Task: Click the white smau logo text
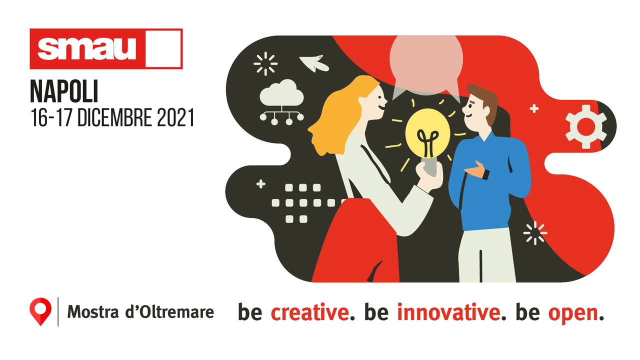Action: (x=86, y=48)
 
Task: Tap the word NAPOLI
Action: (x=64, y=91)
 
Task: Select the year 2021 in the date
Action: (x=175, y=117)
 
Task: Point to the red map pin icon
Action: (x=40, y=311)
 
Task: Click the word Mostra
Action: (x=93, y=311)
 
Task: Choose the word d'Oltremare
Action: (x=169, y=311)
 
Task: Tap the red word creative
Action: (x=310, y=312)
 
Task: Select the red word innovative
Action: (x=448, y=312)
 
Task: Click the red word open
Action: (x=573, y=314)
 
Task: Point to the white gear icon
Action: (x=586, y=126)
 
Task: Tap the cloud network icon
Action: (x=281, y=102)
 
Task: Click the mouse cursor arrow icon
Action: (x=314, y=63)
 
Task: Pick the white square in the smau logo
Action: (x=163, y=49)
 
